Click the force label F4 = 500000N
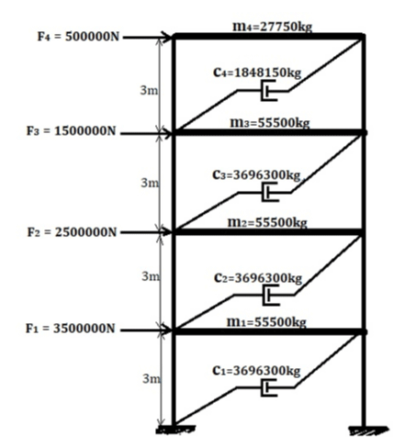tap(78, 37)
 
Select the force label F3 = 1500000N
tap(72, 131)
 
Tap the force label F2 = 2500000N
tap(72, 232)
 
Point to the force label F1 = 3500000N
tap(70, 329)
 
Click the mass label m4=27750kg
tap(272, 27)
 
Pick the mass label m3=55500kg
tap(270, 123)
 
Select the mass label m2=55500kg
tap(267, 222)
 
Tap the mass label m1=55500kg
tap(266, 322)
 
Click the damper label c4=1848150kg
tap(257, 73)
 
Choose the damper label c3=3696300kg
tap(256, 175)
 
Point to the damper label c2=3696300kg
tap(258, 278)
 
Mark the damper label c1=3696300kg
tap(256, 371)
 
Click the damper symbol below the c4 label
tap(268, 91)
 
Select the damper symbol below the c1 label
tap(268, 387)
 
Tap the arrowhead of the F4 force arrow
tap(167, 37)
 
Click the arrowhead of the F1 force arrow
tap(167, 330)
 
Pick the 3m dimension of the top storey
tap(149, 90)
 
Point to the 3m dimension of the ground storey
tap(152, 379)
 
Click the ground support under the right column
tap(368, 430)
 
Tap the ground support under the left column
tap(175, 430)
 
